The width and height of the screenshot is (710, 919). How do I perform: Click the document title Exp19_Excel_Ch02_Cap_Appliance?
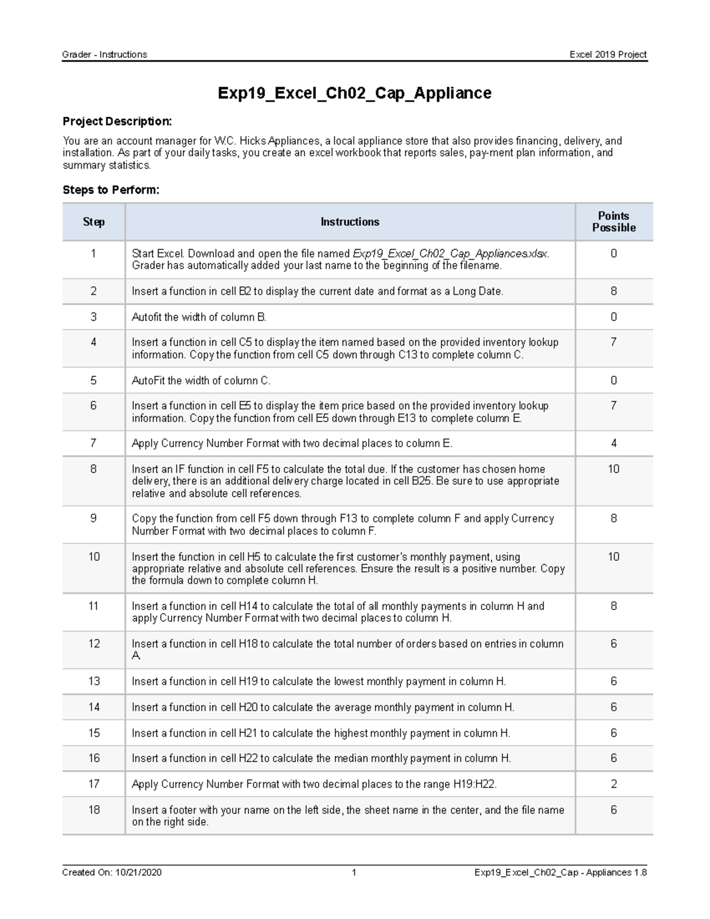[x=354, y=93]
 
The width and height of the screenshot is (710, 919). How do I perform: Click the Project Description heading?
[x=117, y=121]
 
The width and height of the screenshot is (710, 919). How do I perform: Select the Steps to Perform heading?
[x=111, y=190]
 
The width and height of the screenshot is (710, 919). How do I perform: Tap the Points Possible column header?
[x=614, y=222]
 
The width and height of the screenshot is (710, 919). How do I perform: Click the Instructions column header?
[x=350, y=222]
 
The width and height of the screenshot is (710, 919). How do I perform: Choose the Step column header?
[x=93, y=222]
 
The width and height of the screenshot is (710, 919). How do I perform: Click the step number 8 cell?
[x=93, y=469]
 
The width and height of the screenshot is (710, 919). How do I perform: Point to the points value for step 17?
[x=614, y=784]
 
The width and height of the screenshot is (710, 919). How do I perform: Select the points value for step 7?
[x=614, y=443]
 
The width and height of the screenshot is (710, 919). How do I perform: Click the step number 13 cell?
[x=94, y=681]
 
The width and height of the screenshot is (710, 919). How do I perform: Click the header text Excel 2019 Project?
[x=608, y=54]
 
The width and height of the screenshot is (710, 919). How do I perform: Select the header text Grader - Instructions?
[x=105, y=54]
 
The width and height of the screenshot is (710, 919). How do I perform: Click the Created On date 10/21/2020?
[x=138, y=872]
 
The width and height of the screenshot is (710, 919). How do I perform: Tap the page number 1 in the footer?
[x=354, y=872]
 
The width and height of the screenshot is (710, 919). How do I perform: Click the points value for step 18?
[x=614, y=810]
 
